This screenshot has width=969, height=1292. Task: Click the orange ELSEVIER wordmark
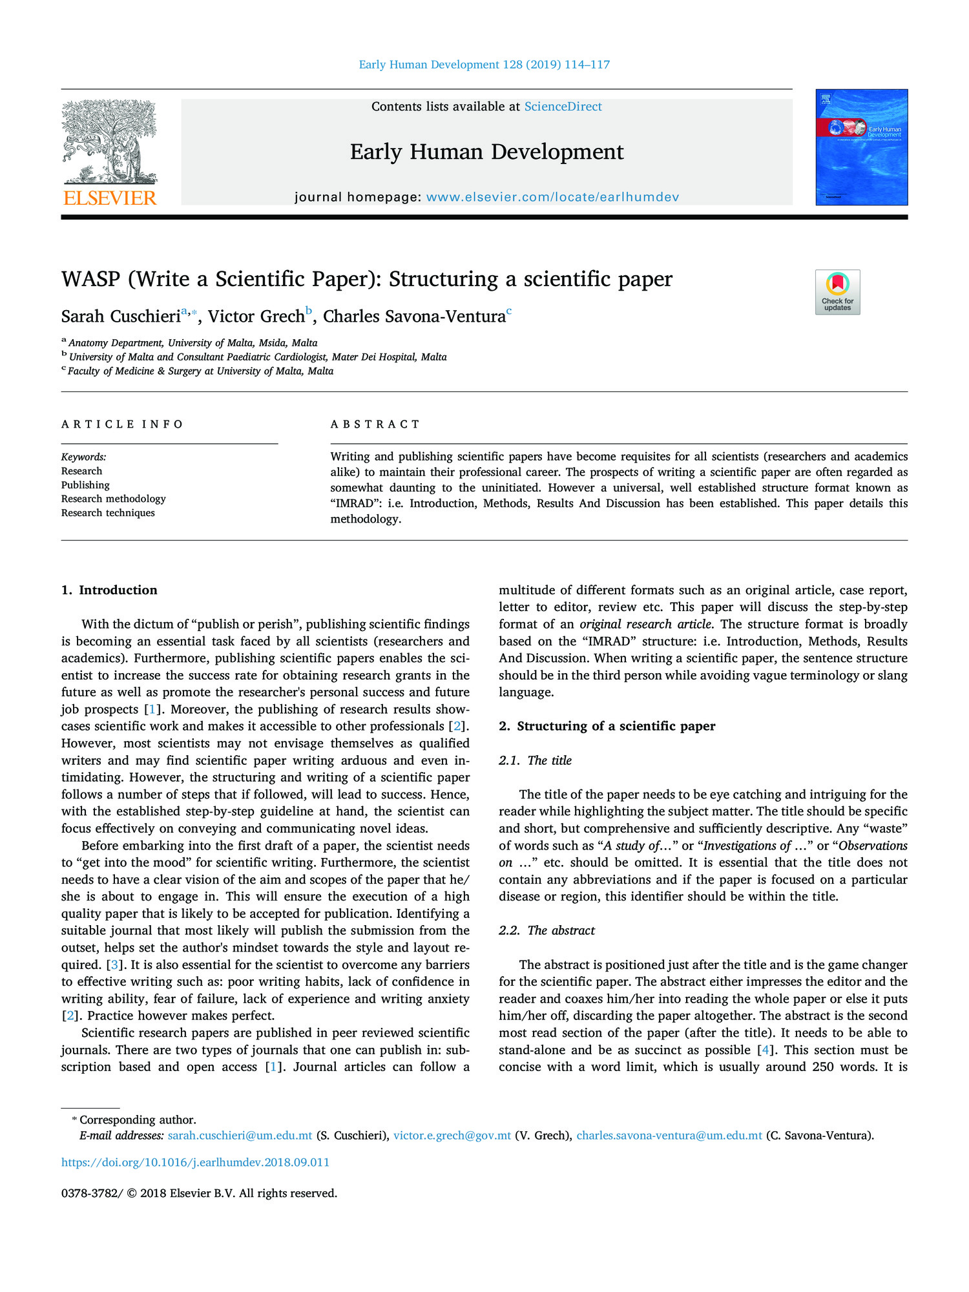point(109,198)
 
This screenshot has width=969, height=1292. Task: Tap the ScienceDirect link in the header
point(563,107)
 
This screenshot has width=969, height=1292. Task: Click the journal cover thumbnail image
point(861,147)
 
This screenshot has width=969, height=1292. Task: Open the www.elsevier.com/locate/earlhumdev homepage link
point(552,197)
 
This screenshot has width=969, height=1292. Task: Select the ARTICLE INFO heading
point(122,424)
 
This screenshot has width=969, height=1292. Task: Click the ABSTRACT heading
point(375,424)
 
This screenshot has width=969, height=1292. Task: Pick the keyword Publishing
point(85,485)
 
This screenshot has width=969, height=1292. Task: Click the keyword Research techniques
point(108,513)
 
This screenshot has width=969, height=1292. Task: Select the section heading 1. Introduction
point(109,590)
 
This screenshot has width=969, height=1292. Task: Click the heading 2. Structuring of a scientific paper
point(607,726)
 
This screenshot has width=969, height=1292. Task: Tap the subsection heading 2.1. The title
point(535,760)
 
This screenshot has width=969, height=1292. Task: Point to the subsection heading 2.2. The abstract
point(547,930)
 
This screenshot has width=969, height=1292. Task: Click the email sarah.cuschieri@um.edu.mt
point(240,1136)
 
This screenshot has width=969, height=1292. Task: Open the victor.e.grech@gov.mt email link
point(452,1136)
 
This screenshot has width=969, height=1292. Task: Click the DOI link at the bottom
point(195,1162)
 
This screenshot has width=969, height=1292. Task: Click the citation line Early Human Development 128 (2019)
point(484,65)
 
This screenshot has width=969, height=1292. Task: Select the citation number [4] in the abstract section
point(765,1050)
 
